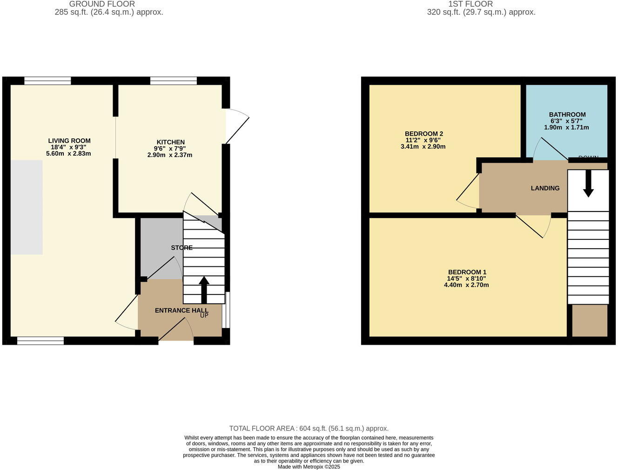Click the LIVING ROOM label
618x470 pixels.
tap(69, 141)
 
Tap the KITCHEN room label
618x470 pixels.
tap(170, 142)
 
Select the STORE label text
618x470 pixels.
tap(181, 248)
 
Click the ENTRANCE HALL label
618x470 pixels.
tap(181, 310)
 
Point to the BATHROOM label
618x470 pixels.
tap(567, 115)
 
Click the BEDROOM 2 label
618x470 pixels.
tap(423, 134)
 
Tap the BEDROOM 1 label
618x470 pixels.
tap(467, 272)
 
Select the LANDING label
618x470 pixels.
tap(545, 188)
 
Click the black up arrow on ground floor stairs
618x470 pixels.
tap(204, 289)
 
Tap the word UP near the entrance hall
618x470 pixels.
tap(204, 315)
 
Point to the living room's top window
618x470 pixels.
tap(47, 81)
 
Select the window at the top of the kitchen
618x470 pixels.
tap(173, 81)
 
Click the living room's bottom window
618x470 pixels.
tap(40, 341)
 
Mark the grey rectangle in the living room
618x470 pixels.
tap(27, 207)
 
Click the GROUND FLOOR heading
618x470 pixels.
tap(102, 4)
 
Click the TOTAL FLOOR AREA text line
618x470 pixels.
tap(309, 429)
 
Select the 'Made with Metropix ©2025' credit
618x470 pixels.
tap(309, 466)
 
